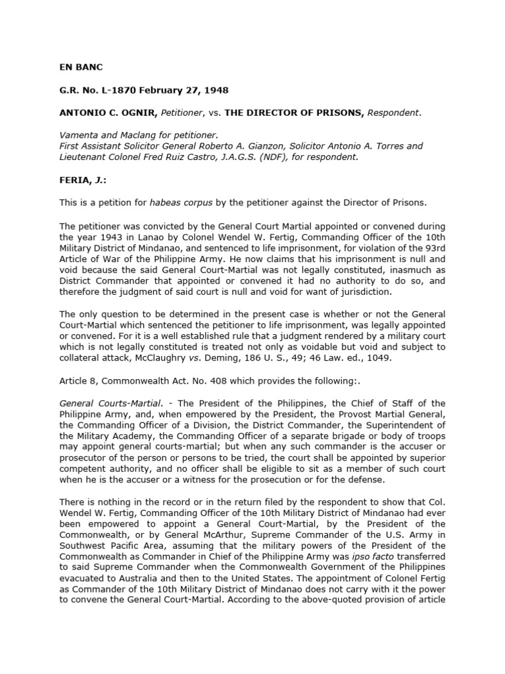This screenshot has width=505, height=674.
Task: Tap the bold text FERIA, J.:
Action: point(82,180)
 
